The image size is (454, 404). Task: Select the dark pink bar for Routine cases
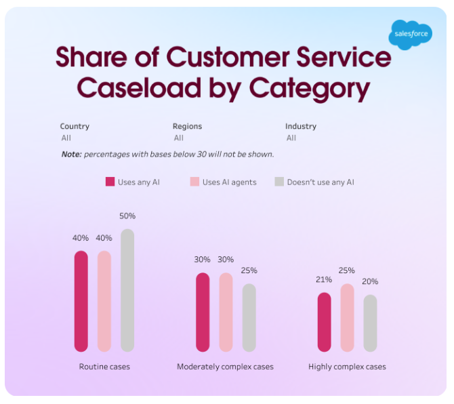click(x=81, y=301)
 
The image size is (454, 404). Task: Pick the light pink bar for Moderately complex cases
click(x=226, y=312)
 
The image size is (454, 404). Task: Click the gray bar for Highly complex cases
click(x=370, y=323)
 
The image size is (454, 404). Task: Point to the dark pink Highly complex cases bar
click(x=324, y=322)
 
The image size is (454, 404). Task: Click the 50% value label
click(x=127, y=216)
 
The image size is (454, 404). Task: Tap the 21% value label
click(x=324, y=280)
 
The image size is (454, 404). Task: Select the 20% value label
click(x=370, y=282)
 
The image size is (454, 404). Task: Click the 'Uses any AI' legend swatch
click(x=110, y=182)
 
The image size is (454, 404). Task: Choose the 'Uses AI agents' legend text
click(x=229, y=182)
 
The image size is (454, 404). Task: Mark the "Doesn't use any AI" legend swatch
click(x=278, y=182)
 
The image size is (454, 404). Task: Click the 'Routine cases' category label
click(x=104, y=367)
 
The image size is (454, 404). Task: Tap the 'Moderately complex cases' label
click(x=225, y=367)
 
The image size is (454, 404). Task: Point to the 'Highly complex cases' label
click(x=347, y=367)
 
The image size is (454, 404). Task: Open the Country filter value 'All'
click(x=66, y=138)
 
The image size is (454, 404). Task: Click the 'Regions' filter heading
click(x=187, y=126)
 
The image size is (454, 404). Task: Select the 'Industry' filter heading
click(x=301, y=126)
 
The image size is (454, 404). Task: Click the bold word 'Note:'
click(x=71, y=155)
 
